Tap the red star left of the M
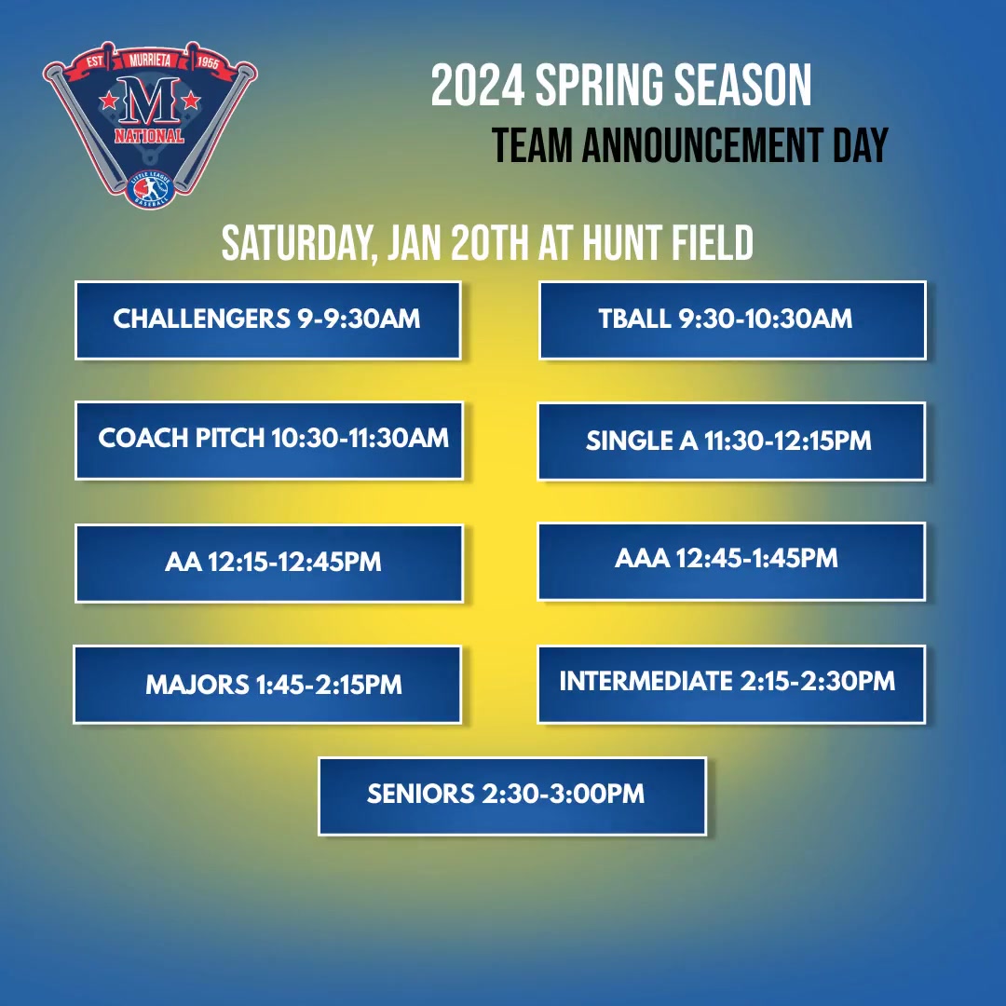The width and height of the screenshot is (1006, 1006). pos(109,98)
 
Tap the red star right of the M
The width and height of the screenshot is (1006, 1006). pos(191,98)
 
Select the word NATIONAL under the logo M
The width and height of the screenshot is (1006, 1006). pos(149,137)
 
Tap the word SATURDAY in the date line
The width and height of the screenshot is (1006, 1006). pos(298,244)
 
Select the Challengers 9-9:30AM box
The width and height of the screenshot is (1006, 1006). pos(267,319)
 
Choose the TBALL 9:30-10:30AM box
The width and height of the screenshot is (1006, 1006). pos(732,319)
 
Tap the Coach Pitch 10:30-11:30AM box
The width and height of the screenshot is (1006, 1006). pos(269,440)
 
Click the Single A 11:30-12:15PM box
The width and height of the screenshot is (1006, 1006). pos(731,441)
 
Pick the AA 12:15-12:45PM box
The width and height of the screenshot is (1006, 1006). pos(269,563)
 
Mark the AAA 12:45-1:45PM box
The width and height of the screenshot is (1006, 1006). pos(731,560)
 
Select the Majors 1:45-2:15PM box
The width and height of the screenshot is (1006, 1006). pos(267,685)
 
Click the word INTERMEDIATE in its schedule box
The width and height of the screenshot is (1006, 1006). pos(646,681)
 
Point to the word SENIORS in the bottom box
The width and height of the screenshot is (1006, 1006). pos(421,795)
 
